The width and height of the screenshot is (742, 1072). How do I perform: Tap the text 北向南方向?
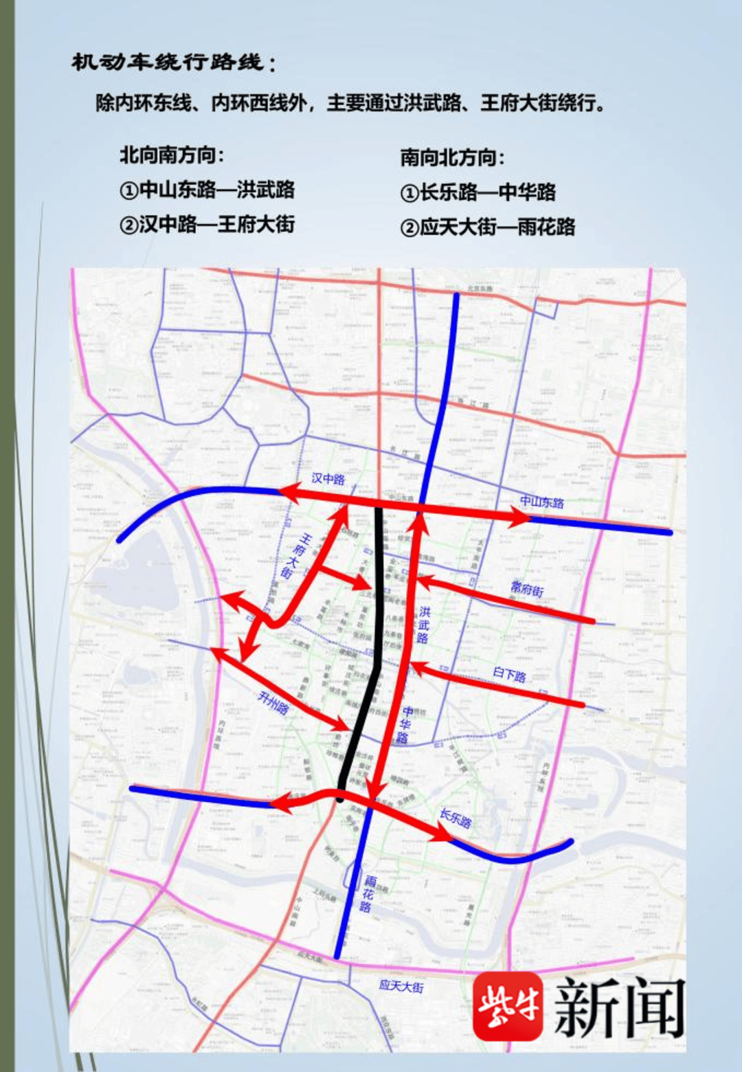(172, 155)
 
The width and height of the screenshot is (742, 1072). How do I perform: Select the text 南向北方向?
(452, 157)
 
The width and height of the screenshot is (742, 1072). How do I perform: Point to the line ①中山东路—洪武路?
(207, 190)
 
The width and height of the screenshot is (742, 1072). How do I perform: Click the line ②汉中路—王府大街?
(207, 225)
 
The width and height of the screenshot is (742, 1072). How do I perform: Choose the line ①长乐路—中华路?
(477, 192)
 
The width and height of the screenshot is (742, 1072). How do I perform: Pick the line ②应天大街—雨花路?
(487, 227)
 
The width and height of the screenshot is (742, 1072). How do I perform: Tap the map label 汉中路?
(328, 478)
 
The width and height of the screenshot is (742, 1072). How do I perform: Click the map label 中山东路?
(541, 502)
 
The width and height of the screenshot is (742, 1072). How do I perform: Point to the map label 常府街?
(527, 589)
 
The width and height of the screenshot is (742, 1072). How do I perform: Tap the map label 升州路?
(273, 702)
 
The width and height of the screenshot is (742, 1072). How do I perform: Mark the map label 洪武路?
(424, 625)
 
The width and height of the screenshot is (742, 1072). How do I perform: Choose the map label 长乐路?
(456, 818)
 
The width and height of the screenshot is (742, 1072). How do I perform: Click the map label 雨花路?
(368, 893)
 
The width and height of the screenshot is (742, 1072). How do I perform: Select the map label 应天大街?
(401, 986)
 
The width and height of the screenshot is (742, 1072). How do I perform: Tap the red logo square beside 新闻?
(507, 1006)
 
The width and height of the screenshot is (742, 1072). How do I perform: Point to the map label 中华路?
(405, 724)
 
